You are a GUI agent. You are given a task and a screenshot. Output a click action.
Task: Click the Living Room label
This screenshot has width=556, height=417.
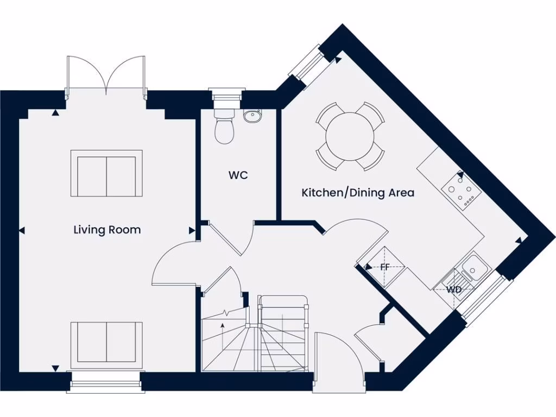tap(107, 230)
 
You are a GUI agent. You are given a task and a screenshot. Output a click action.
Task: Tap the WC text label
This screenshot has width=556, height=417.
tap(238, 175)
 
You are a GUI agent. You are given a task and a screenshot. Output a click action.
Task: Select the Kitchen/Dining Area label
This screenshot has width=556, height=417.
tap(358, 192)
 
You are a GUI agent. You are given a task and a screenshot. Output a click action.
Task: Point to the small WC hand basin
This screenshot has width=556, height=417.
tap(252, 116)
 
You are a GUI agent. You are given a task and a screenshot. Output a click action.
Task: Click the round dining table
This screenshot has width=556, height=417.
tap(351, 136)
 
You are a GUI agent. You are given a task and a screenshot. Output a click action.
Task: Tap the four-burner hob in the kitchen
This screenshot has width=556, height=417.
tap(459, 192)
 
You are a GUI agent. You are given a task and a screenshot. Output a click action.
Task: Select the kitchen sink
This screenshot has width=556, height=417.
tap(474, 268)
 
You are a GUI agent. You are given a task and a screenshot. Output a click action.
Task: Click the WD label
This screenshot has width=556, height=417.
tap(454, 289)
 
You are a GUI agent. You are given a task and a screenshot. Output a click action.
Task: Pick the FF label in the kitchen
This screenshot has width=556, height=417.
tap(385, 267)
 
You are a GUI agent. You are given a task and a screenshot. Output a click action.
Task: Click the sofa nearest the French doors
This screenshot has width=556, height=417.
tap(106, 173)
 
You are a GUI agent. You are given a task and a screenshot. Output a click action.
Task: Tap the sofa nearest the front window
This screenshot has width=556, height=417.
tap(106, 342)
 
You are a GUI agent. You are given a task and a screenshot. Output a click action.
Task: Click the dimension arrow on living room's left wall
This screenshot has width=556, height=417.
tap(22, 231)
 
